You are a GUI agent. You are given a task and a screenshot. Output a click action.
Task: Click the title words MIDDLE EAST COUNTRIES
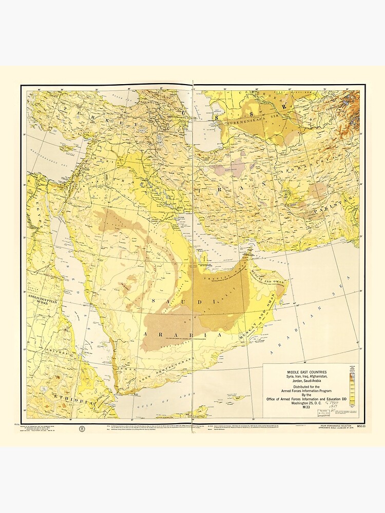(x=307, y=372)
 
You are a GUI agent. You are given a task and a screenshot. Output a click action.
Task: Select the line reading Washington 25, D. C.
(x=307, y=403)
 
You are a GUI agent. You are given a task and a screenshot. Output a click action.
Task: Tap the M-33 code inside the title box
(x=307, y=408)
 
